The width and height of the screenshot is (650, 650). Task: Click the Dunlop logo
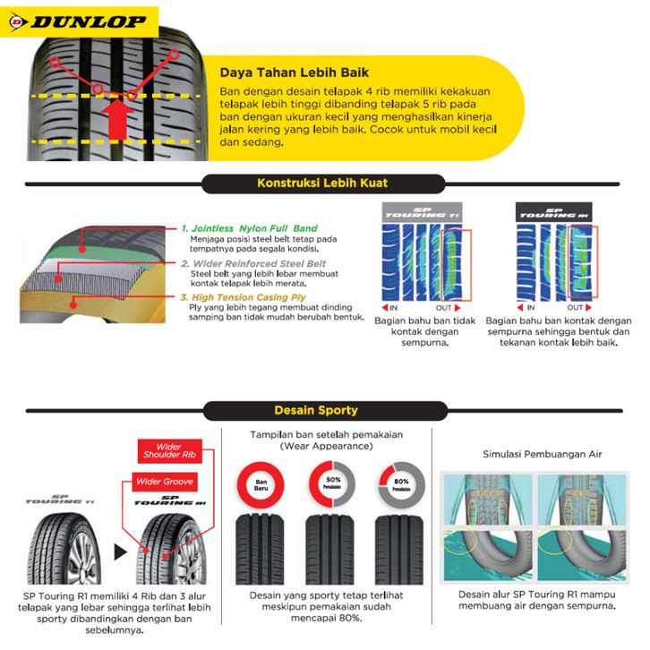(x=68, y=17)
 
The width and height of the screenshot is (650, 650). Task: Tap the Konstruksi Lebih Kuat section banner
(x=322, y=183)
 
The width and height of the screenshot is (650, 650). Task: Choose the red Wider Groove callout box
(x=165, y=483)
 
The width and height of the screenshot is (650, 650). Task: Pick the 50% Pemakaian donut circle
(x=330, y=483)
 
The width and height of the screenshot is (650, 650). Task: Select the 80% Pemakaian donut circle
(x=399, y=483)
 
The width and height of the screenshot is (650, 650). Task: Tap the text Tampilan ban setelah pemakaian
(x=325, y=434)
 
